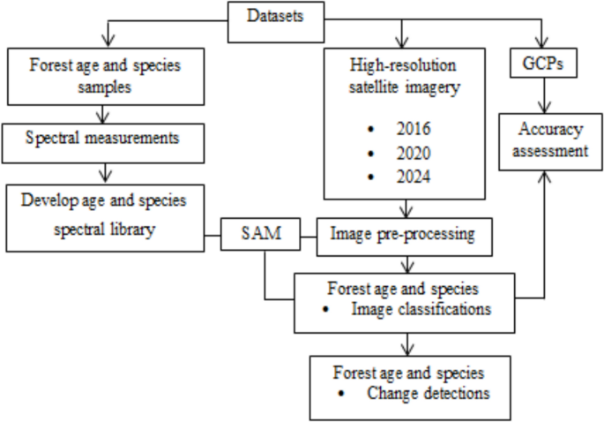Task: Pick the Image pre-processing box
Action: pyautogui.click(x=403, y=236)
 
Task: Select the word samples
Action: pyautogui.click(x=105, y=87)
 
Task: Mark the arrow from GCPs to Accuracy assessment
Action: pyautogui.click(x=545, y=96)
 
